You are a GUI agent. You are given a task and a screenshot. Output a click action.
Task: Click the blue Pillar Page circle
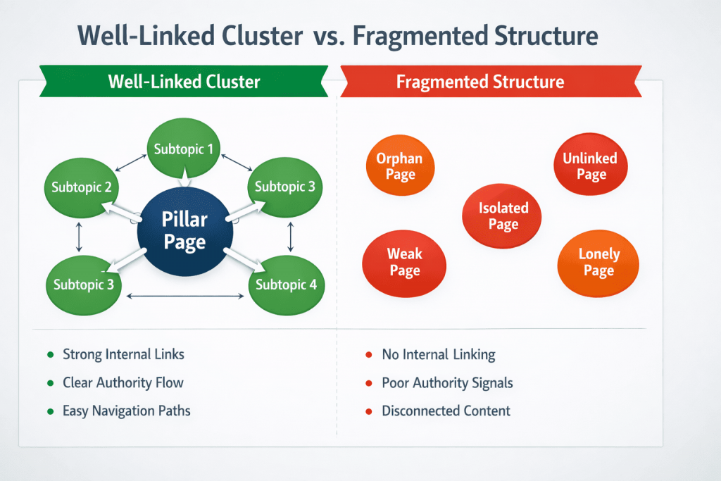coord(184,231)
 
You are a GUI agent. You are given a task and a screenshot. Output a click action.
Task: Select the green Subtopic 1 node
coord(184,149)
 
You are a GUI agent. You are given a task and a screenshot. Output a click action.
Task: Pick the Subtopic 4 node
coord(285,284)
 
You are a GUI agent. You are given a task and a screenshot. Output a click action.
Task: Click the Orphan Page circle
coord(400,166)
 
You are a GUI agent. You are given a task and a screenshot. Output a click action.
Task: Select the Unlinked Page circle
coord(590,166)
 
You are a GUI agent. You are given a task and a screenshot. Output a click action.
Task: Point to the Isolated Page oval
coord(503,216)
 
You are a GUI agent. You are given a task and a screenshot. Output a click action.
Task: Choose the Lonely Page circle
coord(598,262)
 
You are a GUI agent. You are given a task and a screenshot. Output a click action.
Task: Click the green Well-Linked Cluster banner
coord(184,82)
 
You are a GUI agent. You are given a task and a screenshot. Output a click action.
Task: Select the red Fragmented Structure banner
coord(480,82)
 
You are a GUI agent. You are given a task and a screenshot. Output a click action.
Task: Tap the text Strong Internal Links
coord(123,354)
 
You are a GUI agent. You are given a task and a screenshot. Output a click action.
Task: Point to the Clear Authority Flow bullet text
coord(123,383)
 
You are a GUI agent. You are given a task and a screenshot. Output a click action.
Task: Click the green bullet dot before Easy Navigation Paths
coord(50,411)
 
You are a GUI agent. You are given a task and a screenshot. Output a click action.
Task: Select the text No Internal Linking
coord(438,354)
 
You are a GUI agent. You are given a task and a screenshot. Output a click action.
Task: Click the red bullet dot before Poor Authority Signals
coord(369,384)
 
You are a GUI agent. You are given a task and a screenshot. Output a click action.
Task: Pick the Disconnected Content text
coord(446,411)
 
